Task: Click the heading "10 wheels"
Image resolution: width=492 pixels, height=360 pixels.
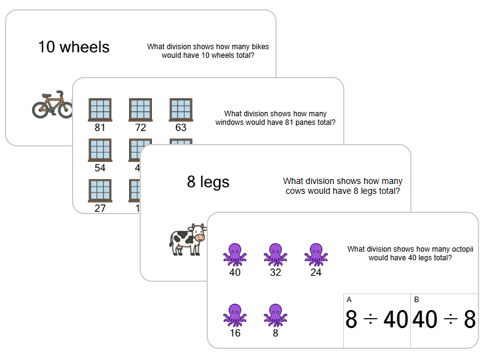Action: [74, 47]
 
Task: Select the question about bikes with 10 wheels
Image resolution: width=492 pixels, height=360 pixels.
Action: [208, 50]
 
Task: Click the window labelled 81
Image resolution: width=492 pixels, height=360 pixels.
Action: [100, 110]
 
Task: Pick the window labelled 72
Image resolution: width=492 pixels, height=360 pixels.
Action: [141, 110]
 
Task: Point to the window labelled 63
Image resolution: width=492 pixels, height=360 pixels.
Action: [181, 110]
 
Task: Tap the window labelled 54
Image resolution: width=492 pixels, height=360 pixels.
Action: [100, 151]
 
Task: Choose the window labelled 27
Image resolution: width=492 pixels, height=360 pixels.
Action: [100, 191]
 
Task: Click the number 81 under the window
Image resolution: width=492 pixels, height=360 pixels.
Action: [100, 129]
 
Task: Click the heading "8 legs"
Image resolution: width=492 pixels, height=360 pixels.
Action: [208, 182]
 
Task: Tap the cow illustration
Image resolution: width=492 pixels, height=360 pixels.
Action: [188, 239]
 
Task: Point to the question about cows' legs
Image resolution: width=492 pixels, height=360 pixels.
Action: [343, 186]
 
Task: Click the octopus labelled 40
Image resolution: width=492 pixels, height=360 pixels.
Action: [234, 254]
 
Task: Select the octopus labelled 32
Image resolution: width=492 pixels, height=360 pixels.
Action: [275, 254]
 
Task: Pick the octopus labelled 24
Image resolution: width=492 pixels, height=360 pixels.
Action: [315, 254]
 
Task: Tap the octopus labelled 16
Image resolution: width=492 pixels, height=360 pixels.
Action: [234, 314]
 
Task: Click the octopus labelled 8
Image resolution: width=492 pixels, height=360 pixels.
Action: [275, 314]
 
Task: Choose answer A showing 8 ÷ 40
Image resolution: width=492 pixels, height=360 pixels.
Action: [376, 320]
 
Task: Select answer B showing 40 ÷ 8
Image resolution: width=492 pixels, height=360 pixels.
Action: [444, 320]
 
